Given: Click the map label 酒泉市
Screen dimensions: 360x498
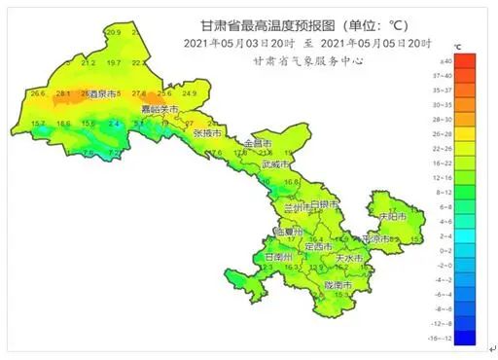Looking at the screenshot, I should coord(102,95).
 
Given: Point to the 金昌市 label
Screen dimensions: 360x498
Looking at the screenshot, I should coord(258,144).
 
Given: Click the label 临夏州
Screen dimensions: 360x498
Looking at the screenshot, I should coord(291,233).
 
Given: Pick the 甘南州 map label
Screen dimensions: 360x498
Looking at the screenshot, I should coord(281,256).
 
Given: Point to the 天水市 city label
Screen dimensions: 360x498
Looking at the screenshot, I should coord(348,258).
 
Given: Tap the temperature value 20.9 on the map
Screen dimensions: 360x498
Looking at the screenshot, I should coord(113,33).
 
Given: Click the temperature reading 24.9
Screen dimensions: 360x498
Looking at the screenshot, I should coord(189,93).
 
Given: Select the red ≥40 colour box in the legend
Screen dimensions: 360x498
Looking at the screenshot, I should coord(465,61).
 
